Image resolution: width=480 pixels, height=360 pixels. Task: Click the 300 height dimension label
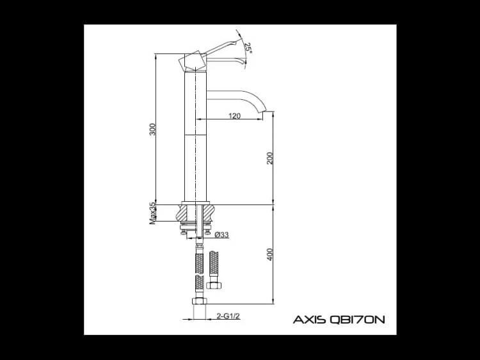click(x=152, y=129)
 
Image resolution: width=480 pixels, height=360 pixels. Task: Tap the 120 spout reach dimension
click(x=234, y=116)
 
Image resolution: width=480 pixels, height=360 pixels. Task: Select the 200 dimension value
click(x=269, y=158)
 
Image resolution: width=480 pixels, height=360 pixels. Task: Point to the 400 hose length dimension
click(x=269, y=254)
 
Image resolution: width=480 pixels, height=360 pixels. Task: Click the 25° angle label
click(x=248, y=48)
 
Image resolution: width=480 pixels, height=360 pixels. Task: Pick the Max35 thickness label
click(x=152, y=213)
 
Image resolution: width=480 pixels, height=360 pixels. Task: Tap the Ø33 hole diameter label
click(x=221, y=234)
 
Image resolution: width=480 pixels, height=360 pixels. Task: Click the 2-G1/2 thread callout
click(x=228, y=316)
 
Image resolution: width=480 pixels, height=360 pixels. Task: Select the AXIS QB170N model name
click(x=339, y=320)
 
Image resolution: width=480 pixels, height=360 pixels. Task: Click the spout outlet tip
click(x=265, y=111)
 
